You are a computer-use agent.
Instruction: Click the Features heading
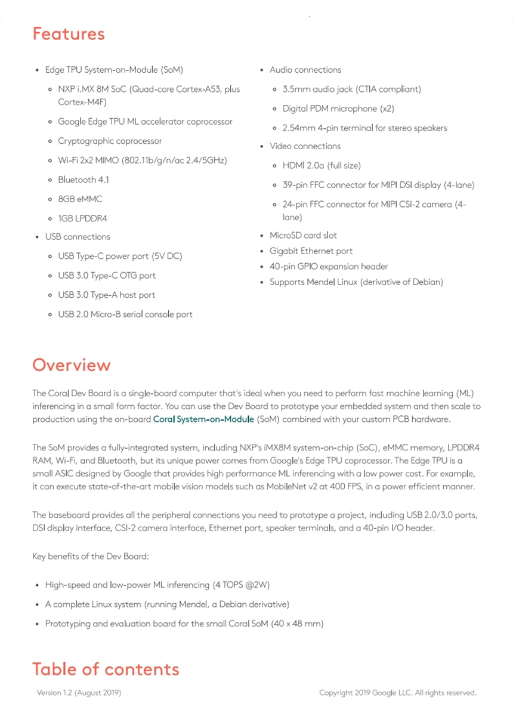point(69,34)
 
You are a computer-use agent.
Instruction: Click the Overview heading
point(72,365)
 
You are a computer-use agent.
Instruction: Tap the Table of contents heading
point(106,669)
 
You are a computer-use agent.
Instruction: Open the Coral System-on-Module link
point(203,419)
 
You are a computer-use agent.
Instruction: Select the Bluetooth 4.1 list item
point(84,180)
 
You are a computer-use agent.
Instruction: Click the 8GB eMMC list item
point(80,199)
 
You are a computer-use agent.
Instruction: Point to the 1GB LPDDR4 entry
point(82,218)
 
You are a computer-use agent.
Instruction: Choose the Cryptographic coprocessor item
point(110,141)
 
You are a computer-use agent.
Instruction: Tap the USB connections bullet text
point(78,237)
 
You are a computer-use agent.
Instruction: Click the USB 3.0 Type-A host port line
point(106,295)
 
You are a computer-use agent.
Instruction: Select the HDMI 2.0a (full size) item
point(322,165)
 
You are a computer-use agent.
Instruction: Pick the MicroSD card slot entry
point(303,235)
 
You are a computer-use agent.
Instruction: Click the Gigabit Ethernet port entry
point(311,251)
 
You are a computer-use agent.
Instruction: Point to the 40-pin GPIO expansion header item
point(329,267)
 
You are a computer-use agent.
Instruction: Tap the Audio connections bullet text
point(305,70)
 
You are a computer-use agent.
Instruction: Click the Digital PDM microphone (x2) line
point(338,109)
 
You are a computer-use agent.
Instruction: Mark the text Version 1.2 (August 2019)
point(79,693)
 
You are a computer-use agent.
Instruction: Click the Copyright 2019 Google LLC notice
point(398,693)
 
